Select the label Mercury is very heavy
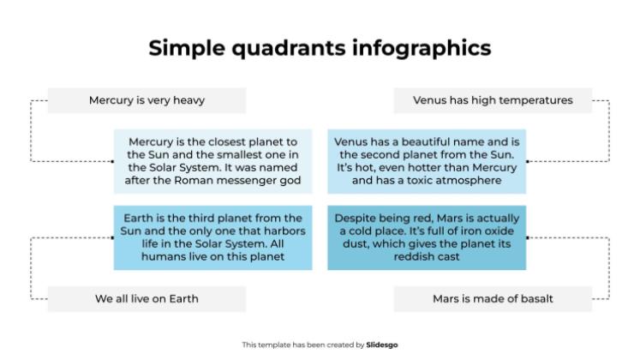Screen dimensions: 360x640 tap(147, 100)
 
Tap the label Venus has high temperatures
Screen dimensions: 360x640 tap(493, 100)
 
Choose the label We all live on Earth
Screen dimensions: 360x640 tap(147, 298)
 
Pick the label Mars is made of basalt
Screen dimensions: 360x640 tap(493, 298)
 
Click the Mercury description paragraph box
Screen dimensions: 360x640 tap(212, 161)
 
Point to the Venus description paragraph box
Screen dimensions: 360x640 tap(427, 161)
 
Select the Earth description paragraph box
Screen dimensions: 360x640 tap(212, 237)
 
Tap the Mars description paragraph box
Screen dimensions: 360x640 tap(427, 237)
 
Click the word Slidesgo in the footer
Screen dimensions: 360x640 tap(382, 345)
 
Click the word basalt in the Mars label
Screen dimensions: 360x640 tap(535, 298)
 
